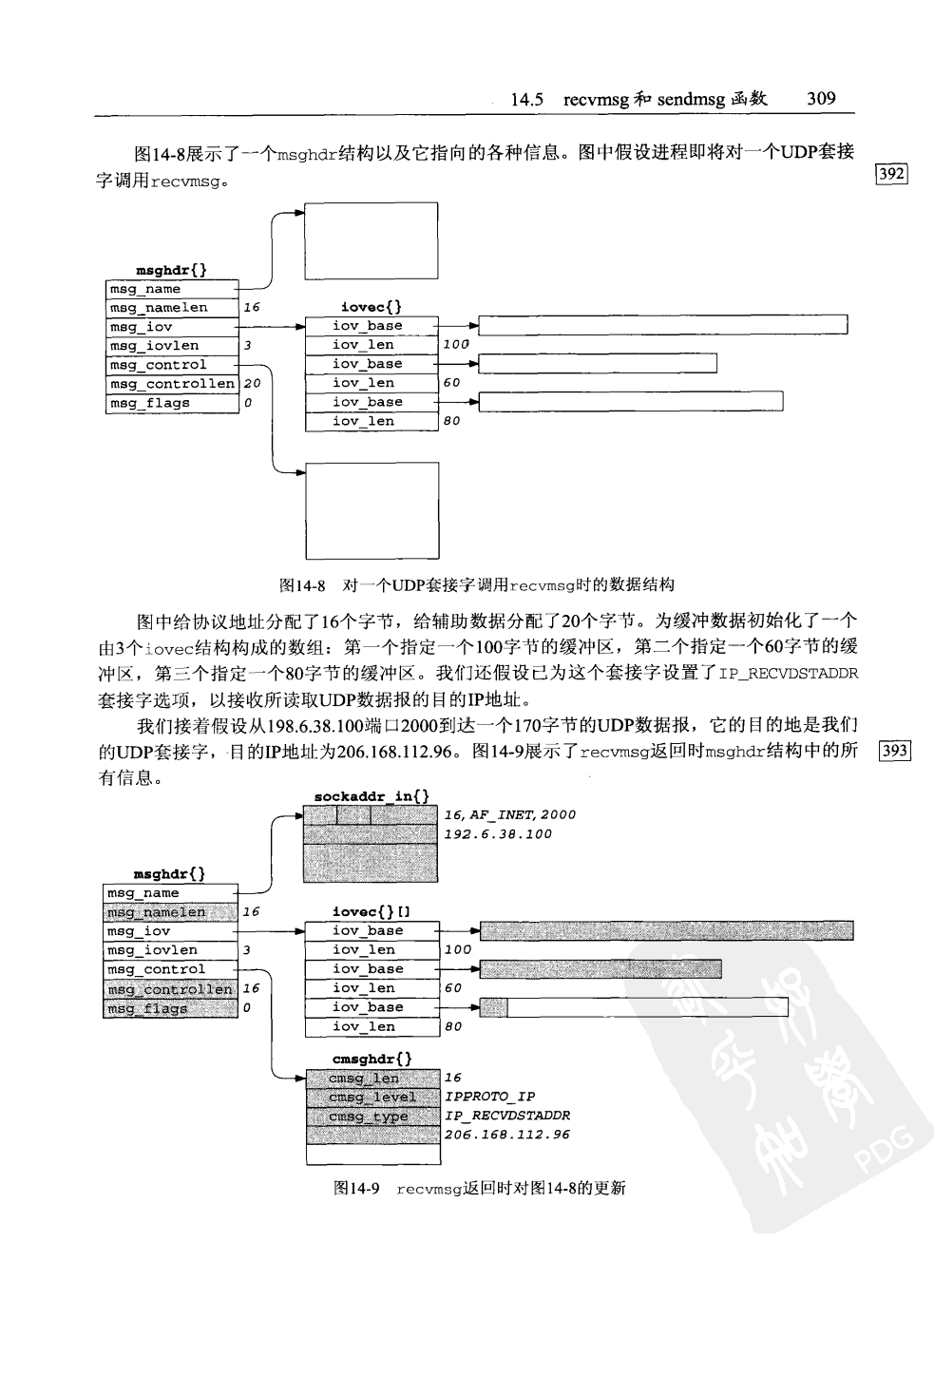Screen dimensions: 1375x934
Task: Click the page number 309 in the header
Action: click(820, 98)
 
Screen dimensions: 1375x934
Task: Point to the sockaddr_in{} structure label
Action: click(372, 795)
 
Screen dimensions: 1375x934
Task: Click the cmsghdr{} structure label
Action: click(372, 1059)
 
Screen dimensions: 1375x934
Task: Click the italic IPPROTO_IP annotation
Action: click(489, 1097)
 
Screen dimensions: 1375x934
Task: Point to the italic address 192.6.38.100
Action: click(498, 834)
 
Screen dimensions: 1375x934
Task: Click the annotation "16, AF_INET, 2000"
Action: click(509, 814)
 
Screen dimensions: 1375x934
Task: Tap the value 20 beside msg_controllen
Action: click(252, 384)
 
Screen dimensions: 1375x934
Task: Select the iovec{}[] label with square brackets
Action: click(372, 911)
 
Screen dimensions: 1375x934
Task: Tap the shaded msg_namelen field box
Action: click(169, 912)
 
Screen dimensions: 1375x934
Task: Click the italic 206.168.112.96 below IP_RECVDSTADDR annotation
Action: click(507, 1135)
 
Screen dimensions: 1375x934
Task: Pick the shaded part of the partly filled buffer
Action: click(493, 1007)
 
